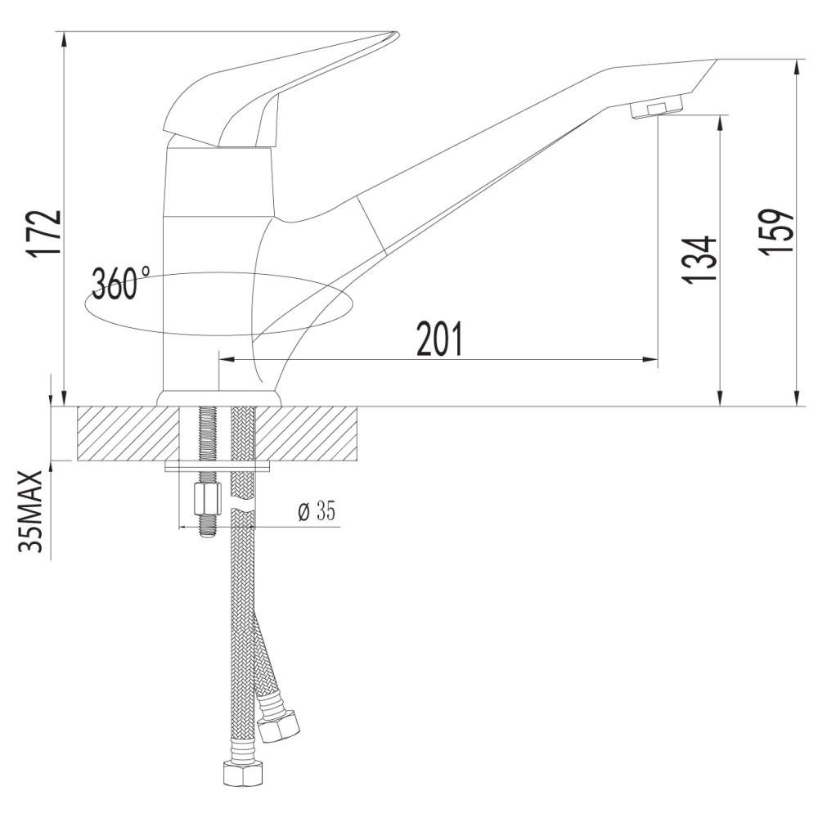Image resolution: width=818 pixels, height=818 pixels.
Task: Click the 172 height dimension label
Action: click(44, 234)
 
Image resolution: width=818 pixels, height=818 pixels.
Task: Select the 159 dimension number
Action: click(775, 232)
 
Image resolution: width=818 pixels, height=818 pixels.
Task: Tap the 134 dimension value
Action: click(699, 259)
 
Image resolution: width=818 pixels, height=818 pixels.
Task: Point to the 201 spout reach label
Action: click(439, 339)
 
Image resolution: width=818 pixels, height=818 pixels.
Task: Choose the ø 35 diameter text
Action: click(317, 510)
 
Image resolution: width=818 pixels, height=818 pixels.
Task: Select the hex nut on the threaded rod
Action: click(208, 498)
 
